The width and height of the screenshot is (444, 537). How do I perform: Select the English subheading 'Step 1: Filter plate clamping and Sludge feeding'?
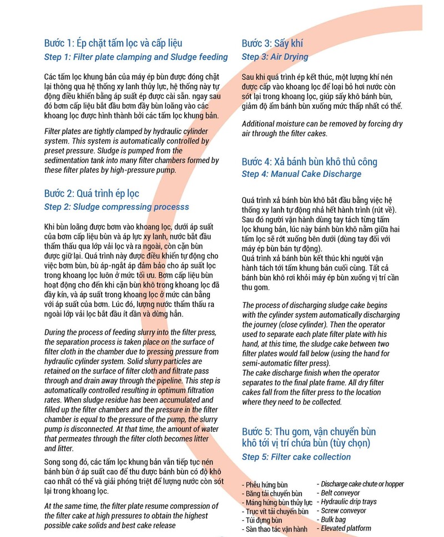136,57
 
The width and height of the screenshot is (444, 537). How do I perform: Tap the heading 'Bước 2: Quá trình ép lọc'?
92,193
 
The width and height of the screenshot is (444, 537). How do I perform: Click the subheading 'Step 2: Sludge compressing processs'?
117,207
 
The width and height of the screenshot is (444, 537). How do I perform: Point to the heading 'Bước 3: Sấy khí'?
273,43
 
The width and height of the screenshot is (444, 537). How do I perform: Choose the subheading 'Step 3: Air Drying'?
275,57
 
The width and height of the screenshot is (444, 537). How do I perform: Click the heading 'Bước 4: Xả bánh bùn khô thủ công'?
309,162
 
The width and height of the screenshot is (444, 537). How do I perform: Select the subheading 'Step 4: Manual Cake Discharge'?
301,174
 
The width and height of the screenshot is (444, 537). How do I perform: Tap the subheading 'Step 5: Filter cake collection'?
296,457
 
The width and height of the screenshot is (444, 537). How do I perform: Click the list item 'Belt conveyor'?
340,493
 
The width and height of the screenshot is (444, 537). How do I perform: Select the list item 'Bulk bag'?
332,519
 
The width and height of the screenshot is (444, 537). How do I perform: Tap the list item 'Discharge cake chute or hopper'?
361,484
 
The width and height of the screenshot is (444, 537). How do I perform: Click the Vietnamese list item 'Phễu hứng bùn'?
264,485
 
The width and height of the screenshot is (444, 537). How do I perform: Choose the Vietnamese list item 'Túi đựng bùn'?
263,520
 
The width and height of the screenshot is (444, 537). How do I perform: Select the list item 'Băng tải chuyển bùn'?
272,494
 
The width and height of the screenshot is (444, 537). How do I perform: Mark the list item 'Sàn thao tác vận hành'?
275,529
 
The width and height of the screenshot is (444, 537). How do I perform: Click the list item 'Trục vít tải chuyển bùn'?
275,512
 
